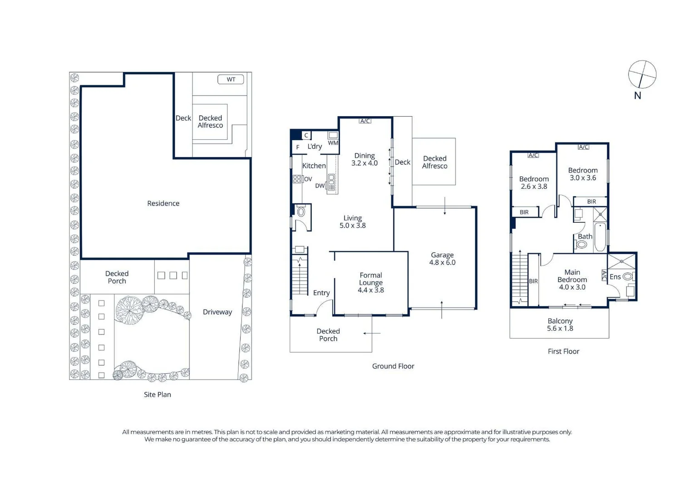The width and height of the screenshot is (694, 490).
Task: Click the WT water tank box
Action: pyautogui.click(x=231, y=79)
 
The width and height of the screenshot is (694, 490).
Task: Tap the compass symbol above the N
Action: pyautogui.click(x=642, y=74)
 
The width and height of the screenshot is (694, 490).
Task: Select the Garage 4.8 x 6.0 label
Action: pyautogui.click(x=442, y=259)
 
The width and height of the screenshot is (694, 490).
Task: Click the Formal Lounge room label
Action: pyautogui.click(x=371, y=283)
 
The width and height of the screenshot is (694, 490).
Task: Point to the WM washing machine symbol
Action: pyautogui.click(x=333, y=135)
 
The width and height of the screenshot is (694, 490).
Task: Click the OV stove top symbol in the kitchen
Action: pyautogui.click(x=297, y=179)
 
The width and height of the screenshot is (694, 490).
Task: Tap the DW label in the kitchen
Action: pyautogui.click(x=320, y=186)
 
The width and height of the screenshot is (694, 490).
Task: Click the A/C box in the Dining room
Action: pyautogui.click(x=365, y=121)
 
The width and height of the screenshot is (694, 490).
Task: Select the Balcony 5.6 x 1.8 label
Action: pyautogui.click(x=560, y=324)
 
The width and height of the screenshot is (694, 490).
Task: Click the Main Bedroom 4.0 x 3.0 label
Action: pyautogui.click(x=572, y=279)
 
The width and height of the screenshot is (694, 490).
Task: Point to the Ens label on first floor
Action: pyautogui.click(x=615, y=277)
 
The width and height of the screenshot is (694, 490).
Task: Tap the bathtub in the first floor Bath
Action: pyautogui.click(x=600, y=237)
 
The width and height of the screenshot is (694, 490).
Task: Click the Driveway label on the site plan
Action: pyautogui.click(x=217, y=312)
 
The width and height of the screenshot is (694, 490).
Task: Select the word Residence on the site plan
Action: pyautogui.click(x=163, y=203)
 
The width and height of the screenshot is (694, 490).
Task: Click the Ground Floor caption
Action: pyautogui.click(x=393, y=366)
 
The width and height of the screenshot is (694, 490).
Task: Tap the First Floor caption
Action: pyautogui.click(x=563, y=351)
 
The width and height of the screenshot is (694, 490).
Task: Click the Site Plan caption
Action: pyautogui.click(x=157, y=394)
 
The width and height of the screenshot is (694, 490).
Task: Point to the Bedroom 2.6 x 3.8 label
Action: pyautogui.click(x=534, y=182)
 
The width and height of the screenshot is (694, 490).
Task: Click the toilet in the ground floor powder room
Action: pyautogui.click(x=301, y=211)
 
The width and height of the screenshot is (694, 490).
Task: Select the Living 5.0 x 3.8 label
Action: pyautogui.click(x=353, y=221)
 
